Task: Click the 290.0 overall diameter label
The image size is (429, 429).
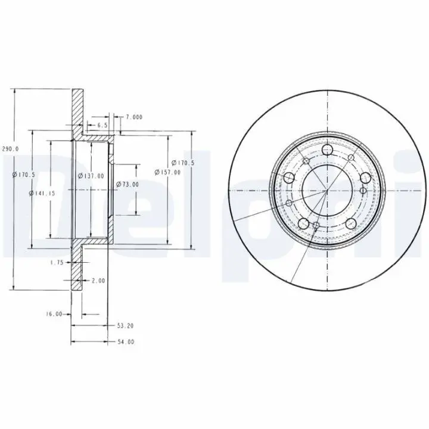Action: click(11, 148)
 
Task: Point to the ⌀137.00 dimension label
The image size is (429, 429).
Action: click(91, 176)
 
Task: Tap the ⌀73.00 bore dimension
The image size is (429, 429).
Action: click(127, 184)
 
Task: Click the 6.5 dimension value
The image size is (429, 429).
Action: click(101, 126)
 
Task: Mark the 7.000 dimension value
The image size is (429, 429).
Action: click(134, 117)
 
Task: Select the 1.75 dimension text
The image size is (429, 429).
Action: click(57, 262)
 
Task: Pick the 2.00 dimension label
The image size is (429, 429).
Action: click(98, 280)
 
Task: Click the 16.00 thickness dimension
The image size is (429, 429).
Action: click(54, 313)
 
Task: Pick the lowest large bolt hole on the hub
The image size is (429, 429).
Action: click(303, 223)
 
